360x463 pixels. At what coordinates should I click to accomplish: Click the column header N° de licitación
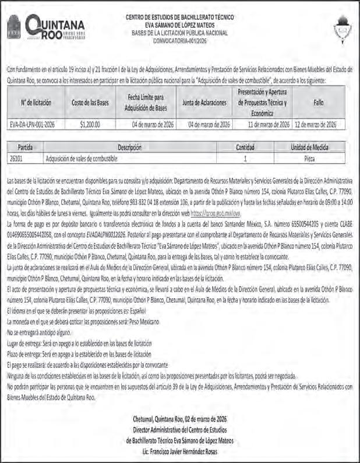point(36,103)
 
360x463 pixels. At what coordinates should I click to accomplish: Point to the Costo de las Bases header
point(90,103)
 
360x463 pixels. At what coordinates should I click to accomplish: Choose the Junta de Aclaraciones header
point(204,103)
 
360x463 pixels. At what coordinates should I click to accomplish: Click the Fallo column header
point(319,103)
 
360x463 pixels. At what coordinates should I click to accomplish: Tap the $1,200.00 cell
point(90,125)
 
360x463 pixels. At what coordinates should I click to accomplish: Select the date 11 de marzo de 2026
point(269,125)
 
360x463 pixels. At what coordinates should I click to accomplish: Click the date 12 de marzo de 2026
point(315,125)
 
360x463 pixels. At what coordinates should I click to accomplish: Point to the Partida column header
point(25,148)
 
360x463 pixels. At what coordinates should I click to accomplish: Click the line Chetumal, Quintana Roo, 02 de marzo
point(179,419)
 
